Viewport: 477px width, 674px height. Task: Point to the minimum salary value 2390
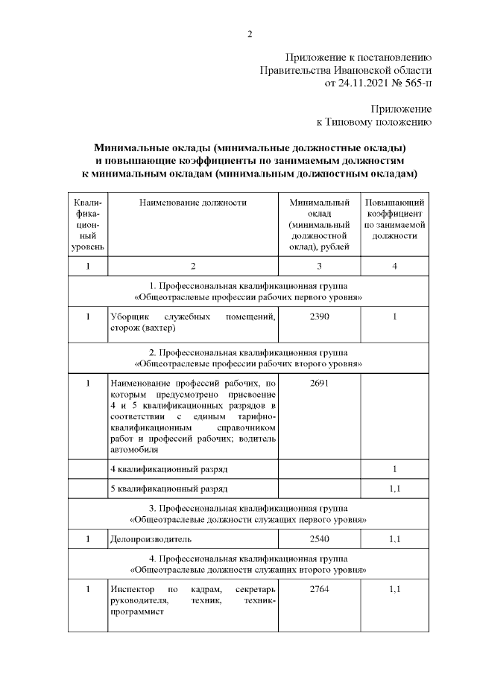[x=319, y=317]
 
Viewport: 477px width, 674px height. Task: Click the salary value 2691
[x=319, y=383]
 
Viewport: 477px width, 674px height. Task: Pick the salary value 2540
[x=319, y=537]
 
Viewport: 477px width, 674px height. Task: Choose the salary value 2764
[x=319, y=589]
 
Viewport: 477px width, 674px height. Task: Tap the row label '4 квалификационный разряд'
[x=168, y=470]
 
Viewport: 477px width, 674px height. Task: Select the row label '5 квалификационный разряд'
[x=168, y=489]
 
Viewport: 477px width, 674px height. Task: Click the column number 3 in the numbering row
[x=319, y=266]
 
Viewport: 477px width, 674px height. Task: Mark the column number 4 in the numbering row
[x=395, y=266]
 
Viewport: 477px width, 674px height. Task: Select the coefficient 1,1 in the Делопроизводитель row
[x=395, y=537]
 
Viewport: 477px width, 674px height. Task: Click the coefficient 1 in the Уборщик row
[x=395, y=317]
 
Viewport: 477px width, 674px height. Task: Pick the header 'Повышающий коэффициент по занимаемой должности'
[x=395, y=219]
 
